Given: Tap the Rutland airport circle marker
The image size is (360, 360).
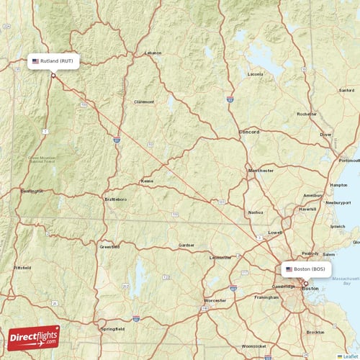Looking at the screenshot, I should point(53,75).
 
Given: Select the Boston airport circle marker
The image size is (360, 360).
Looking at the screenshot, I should point(305,283).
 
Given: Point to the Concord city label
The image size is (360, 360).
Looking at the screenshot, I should point(249,132).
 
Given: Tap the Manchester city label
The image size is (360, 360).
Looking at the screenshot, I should point(261,171).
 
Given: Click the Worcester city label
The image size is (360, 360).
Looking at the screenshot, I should point(215,300).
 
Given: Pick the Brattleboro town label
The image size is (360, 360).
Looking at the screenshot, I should point(115,199).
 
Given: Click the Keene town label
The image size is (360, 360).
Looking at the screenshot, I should point(147,181).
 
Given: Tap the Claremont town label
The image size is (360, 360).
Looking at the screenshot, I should point(144,102).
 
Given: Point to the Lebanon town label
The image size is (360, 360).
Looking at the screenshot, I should point(153,53).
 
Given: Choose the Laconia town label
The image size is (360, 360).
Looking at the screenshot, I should point(256,74).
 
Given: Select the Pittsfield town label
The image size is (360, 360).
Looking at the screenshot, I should point(22,267).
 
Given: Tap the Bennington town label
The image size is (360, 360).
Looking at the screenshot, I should point(32,191).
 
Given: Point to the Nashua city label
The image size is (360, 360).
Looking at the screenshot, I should point(256,212).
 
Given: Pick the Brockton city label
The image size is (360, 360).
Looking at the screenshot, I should point(315,332).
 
